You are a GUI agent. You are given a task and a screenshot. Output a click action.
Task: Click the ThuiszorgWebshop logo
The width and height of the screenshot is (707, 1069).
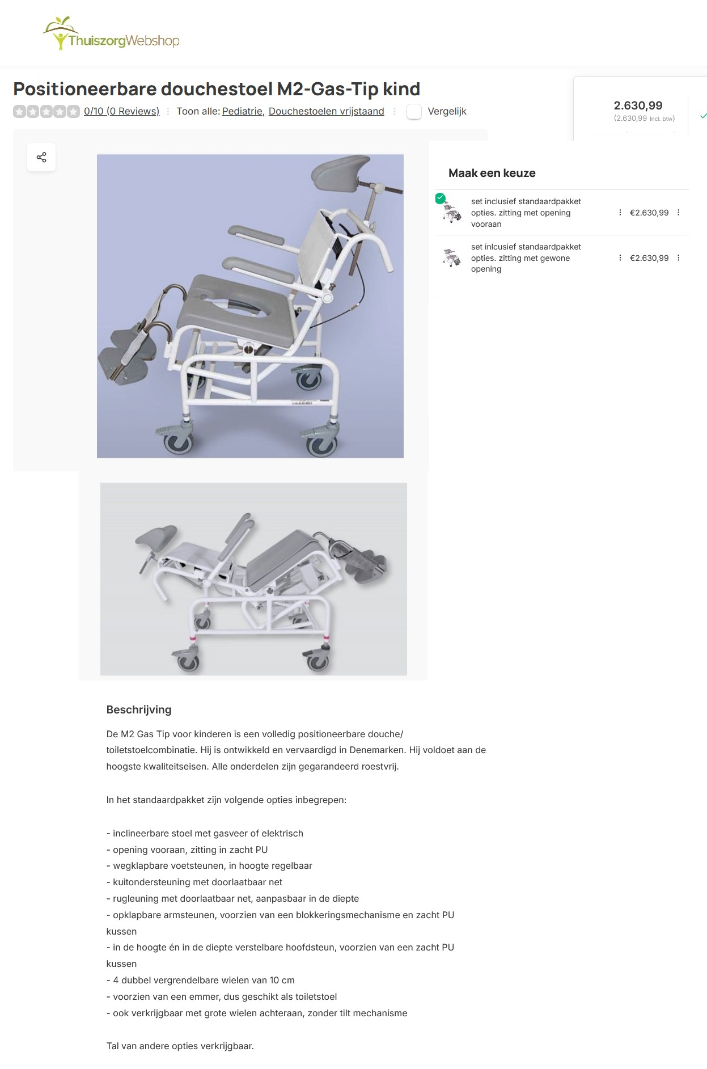coord(112,34)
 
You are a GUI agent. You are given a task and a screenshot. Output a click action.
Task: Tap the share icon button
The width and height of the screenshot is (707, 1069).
coord(41,157)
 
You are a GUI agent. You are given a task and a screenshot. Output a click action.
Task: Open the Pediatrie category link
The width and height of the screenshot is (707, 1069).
coord(243,111)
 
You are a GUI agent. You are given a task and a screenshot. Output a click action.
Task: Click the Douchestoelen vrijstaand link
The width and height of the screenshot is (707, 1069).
coord(326,111)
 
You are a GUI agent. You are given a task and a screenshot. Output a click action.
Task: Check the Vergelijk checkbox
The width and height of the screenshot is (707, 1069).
coord(414,111)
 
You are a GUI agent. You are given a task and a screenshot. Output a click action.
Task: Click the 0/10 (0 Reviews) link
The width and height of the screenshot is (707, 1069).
coord(121,111)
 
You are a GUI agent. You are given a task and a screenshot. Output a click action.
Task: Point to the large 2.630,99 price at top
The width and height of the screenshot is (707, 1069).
coord(638,105)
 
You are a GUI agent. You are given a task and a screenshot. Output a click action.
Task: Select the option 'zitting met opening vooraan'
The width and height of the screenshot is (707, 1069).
coord(526,213)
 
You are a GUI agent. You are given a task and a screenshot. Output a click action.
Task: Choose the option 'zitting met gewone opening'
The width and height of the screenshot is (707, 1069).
coord(526,258)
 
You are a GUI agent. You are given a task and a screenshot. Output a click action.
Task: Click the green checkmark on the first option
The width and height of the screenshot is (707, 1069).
coord(441,198)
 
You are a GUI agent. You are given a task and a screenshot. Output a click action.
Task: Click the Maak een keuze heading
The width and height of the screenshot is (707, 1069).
coord(492,173)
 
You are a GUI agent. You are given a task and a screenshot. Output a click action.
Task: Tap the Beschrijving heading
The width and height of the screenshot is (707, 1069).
coord(139,709)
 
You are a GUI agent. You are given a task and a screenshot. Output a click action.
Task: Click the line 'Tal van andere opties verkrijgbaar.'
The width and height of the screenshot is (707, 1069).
coord(180,1046)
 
